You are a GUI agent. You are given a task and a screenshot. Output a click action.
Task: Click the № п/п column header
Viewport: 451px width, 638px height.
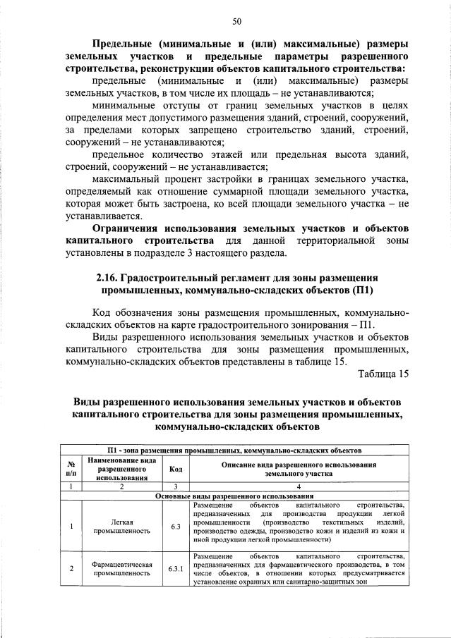(71, 468)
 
